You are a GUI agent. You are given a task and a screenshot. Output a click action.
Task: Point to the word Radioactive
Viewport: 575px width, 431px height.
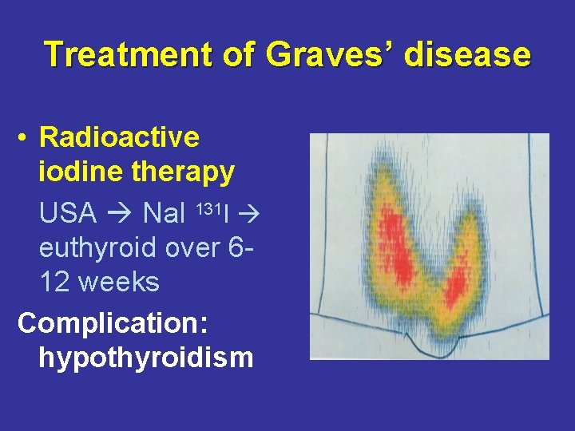click(119, 137)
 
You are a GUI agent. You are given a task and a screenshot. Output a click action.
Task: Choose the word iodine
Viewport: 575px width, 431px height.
click(76, 172)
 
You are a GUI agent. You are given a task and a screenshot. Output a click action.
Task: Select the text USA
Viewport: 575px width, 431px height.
click(68, 213)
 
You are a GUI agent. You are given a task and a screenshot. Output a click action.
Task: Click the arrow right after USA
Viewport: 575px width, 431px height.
click(120, 214)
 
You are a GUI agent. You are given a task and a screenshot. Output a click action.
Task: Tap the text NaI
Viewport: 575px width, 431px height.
click(165, 213)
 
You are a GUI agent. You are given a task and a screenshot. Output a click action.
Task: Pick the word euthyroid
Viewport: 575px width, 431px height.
click(98, 248)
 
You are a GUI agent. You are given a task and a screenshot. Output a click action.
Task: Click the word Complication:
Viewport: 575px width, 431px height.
click(113, 323)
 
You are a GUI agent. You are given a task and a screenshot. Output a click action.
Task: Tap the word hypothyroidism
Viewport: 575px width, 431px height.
click(145, 358)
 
